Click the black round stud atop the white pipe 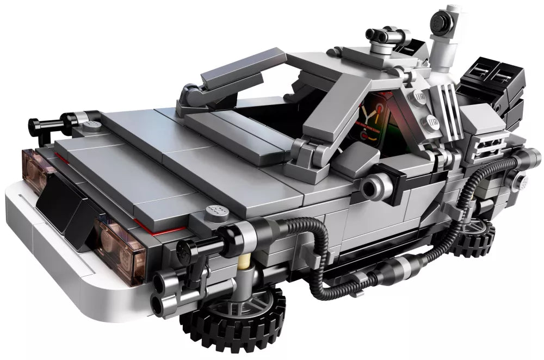pos(451,20)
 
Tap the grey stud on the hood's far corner pos(92,126)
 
